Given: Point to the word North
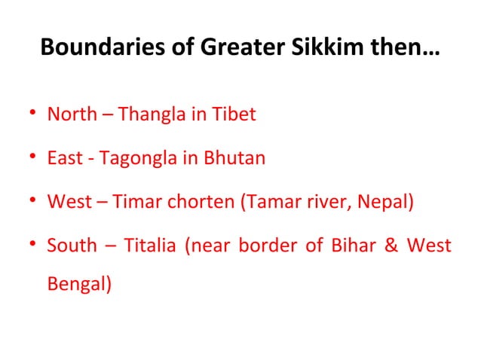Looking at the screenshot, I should pyautogui.click(x=72, y=115).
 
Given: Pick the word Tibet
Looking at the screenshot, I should pyautogui.click(x=233, y=115).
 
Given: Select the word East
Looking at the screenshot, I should pyautogui.click(x=63, y=159).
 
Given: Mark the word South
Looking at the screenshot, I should pyautogui.click(x=72, y=246).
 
